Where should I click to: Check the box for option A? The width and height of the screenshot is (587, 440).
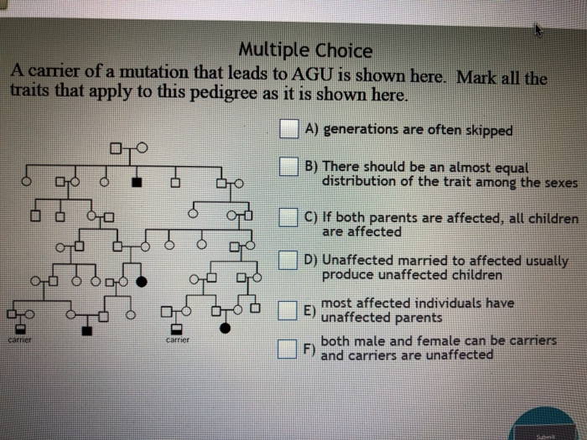click(290, 129)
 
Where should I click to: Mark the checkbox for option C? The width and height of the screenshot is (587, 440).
click(290, 219)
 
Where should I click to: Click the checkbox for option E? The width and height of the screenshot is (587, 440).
click(289, 311)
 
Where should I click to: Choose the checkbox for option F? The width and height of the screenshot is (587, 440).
click(289, 348)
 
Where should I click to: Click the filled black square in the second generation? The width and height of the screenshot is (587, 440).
click(138, 181)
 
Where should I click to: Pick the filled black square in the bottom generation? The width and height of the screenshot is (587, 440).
click(88, 330)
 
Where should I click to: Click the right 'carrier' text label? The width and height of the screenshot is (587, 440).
click(178, 340)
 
